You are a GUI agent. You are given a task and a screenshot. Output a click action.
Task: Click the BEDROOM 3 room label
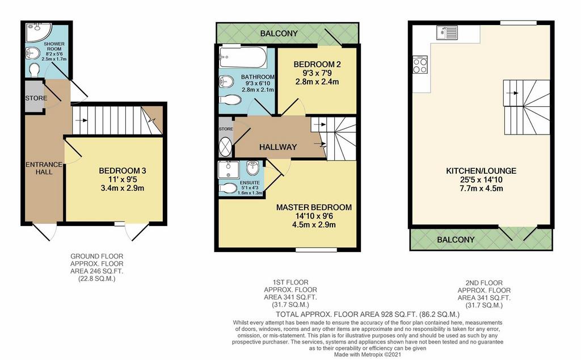(123, 171)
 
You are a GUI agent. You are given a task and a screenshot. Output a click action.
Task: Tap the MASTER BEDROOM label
(313, 207)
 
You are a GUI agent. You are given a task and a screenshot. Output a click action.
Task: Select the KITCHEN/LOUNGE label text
(481, 171)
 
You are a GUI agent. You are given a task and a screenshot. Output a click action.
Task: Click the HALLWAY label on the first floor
(278, 147)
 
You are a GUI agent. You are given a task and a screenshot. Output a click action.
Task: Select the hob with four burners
(420, 65)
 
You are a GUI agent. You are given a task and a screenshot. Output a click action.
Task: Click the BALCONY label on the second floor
(456, 240)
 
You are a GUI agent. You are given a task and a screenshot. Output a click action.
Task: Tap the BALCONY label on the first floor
(279, 34)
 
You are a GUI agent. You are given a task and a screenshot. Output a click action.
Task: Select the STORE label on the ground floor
(35, 98)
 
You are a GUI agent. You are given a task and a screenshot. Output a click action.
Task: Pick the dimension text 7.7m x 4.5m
(481, 189)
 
